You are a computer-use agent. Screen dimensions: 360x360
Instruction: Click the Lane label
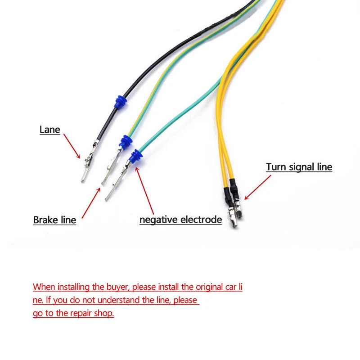[x=49, y=130]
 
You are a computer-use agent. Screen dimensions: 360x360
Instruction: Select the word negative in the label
[x=158, y=220]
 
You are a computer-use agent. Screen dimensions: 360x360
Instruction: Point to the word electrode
[x=201, y=220]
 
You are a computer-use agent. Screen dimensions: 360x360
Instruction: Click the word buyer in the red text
[x=119, y=287]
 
